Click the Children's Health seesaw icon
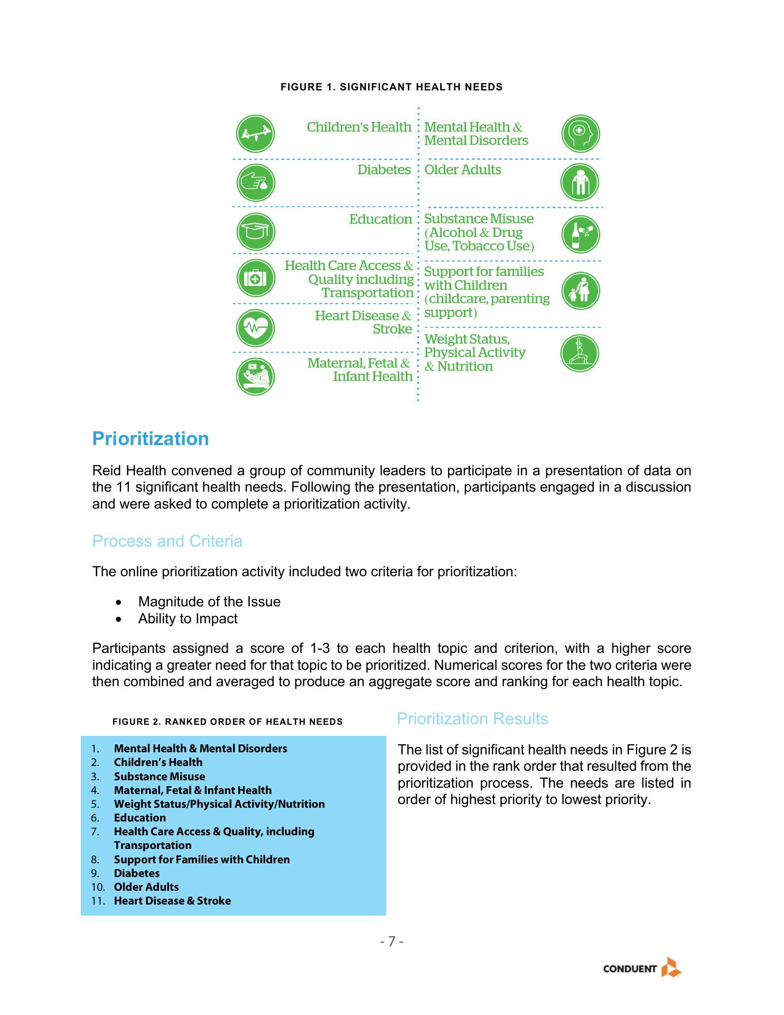click(x=255, y=134)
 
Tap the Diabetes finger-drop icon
click(x=255, y=182)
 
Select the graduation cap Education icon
click(x=255, y=232)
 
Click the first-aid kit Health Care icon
click(x=255, y=278)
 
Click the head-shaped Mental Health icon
click(x=580, y=134)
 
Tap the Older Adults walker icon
click(x=580, y=182)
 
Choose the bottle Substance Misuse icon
click(x=580, y=234)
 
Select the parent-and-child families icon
click(x=580, y=291)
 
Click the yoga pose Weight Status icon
click(x=580, y=353)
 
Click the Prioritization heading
click(x=151, y=439)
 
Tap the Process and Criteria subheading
click(x=167, y=541)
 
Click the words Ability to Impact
click(x=188, y=619)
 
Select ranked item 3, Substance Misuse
click(x=160, y=777)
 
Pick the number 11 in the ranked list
click(x=97, y=901)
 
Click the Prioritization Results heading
click(x=472, y=719)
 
